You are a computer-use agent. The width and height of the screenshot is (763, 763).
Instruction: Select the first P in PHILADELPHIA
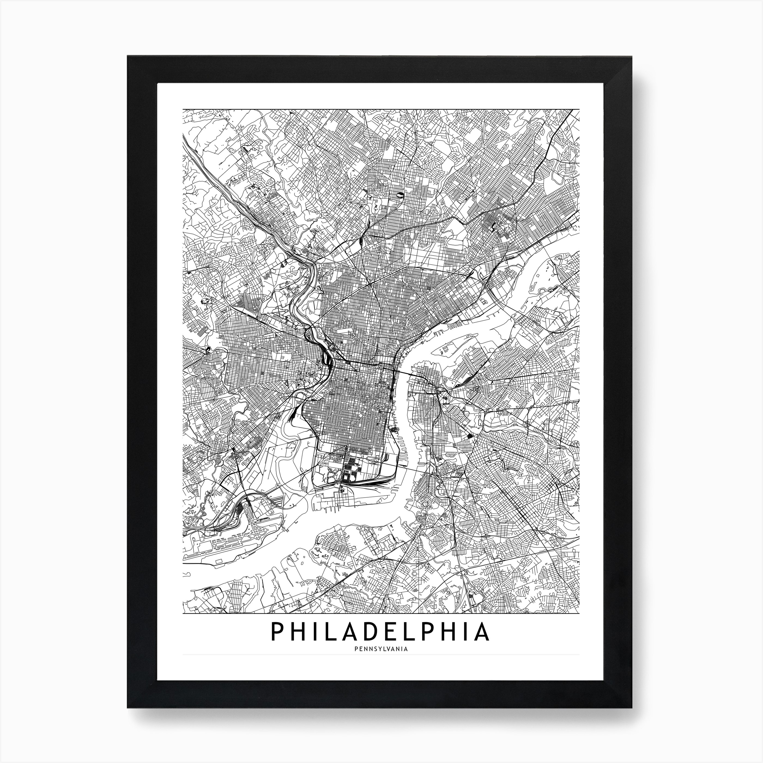pos(276,643)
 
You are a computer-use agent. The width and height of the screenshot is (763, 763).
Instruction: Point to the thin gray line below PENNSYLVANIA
pos(381,666)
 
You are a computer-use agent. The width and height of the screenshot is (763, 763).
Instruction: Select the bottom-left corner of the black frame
pos(128,707)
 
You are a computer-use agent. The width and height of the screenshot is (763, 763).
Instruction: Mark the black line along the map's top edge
pos(381,109)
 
